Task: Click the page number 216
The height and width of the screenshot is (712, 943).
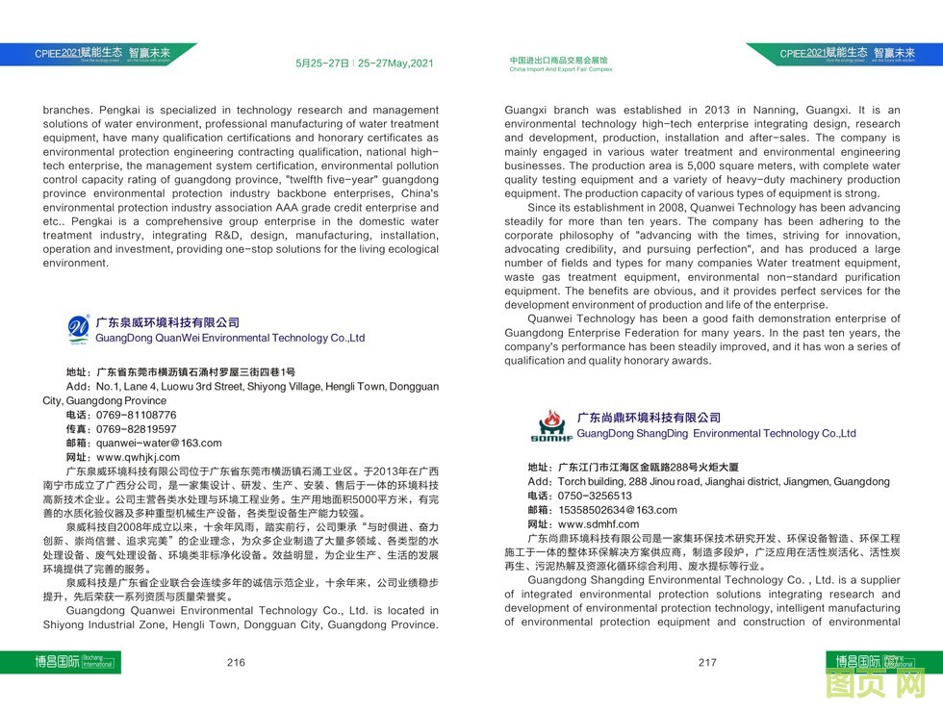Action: tap(236, 662)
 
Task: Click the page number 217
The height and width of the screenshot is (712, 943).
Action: tap(707, 662)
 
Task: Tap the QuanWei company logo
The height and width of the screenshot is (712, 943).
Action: tap(77, 330)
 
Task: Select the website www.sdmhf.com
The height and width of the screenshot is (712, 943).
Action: tap(598, 524)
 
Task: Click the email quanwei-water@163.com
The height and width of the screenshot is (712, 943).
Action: tap(158, 444)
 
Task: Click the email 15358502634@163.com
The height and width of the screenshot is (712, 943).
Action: tap(616, 510)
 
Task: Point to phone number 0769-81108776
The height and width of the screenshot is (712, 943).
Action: tap(136, 416)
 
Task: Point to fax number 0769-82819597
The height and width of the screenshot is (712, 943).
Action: tap(136, 429)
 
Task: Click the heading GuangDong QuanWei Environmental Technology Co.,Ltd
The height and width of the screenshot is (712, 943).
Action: tap(230, 339)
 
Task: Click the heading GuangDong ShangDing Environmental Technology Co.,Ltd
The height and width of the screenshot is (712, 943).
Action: tap(716, 434)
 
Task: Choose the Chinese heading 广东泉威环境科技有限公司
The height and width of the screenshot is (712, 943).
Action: tap(167, 323)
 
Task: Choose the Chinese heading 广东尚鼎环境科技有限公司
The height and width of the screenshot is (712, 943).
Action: tap(649, 418)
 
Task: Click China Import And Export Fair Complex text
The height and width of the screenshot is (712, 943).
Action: tap(560, 70)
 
